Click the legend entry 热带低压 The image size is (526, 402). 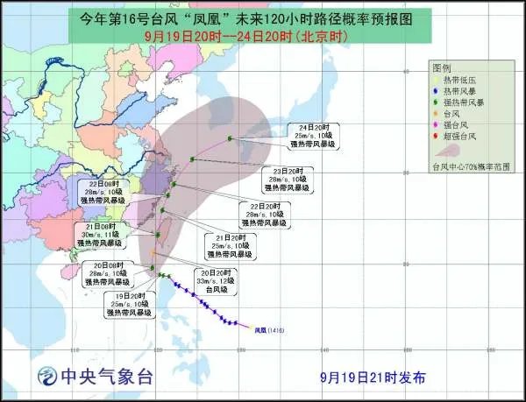(460, 79)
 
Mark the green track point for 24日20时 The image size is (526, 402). (230, 138)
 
